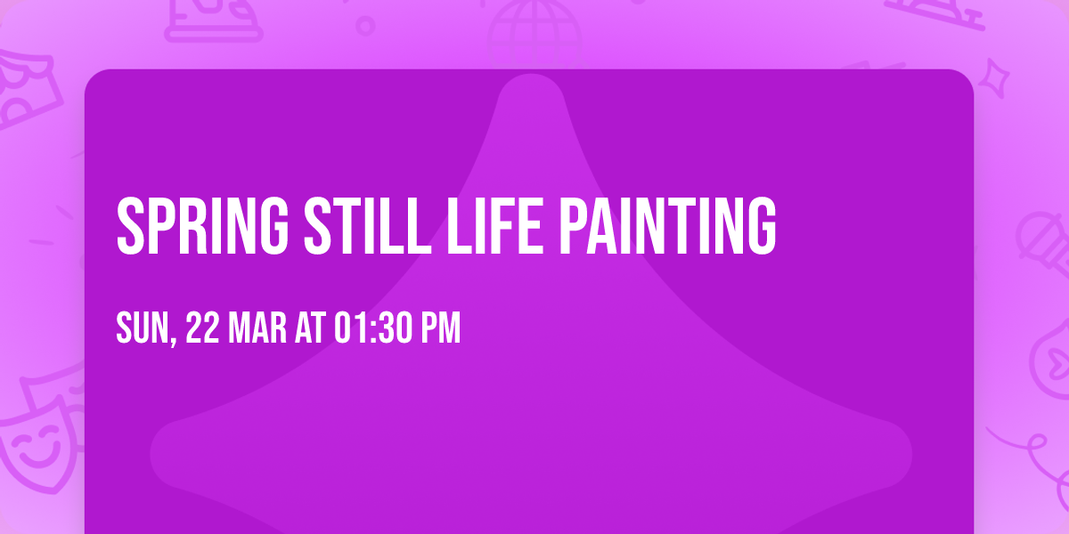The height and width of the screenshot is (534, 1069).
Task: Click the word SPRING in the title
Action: point(202,226)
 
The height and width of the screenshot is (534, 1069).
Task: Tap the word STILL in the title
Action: point(367,226)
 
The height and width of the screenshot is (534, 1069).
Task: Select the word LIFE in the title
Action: point(494,226)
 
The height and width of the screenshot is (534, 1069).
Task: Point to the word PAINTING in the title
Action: point(667,226)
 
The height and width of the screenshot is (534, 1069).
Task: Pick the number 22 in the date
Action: point(202,328)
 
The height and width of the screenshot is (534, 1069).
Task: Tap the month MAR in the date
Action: point(257,328)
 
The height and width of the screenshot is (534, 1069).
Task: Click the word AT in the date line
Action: point(310,328)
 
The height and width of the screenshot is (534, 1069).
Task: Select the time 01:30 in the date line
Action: point(372,328)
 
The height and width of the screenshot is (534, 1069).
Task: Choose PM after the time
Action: point(440,328)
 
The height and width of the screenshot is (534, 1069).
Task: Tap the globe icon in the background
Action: point(534,34)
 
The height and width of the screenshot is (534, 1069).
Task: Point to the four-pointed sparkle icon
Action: point(994,78)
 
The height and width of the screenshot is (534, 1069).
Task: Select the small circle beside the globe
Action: point(365,26)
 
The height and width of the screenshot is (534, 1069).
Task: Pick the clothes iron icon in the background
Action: point(213,19)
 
